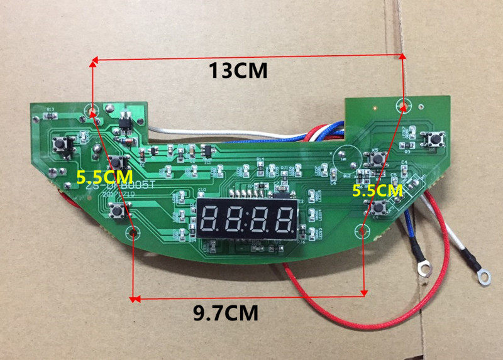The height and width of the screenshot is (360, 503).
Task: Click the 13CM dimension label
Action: tap(238, 70)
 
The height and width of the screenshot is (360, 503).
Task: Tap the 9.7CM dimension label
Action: tap(225, 311)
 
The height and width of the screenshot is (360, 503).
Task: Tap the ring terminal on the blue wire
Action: tap(424, 268)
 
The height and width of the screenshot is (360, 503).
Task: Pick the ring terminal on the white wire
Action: tap(484, 274)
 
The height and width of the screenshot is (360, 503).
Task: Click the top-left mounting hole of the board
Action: tap(93, 112)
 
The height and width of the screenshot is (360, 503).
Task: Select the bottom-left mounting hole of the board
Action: tap(133, 234)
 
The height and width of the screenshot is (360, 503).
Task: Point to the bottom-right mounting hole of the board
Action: tap(364, 231)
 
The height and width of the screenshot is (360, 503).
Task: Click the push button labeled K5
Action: tap(378, 160)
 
